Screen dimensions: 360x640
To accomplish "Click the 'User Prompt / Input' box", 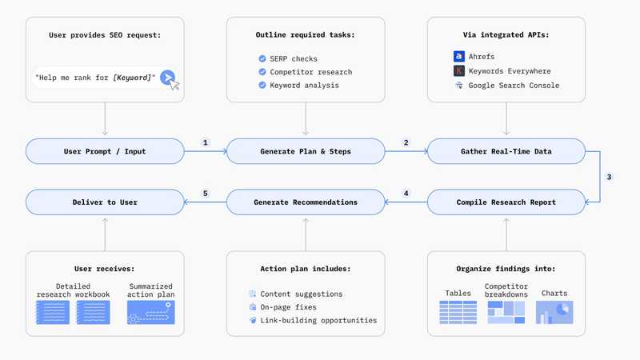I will (x=106, y=151).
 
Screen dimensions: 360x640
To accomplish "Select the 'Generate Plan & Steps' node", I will (x=306, y=151).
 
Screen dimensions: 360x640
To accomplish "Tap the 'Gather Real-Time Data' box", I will (x=506, y=151).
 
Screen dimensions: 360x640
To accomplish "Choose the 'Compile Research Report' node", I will (x=506, y=202).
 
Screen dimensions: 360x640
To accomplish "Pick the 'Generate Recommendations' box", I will (x=306, y=202).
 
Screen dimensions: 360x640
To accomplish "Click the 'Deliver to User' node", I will (x=106, y=202).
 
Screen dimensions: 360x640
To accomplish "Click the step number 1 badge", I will (x=206, y=143).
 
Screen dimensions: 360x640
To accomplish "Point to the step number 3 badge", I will (x=609, y=177).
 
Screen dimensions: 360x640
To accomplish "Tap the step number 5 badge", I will (x=206, y=194).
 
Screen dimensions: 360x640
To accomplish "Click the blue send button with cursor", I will (x=167, y=77).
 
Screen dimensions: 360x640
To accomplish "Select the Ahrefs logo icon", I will (x=458, y=57).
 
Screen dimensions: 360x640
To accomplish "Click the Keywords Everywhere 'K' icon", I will (x=458, y=71).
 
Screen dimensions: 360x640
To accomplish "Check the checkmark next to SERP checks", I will (x=262, y=59).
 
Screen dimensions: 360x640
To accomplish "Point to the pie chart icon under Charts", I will (x=554, y=312).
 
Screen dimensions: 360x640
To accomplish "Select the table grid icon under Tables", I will (x=458, y=312).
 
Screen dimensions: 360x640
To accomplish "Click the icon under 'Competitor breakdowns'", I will (x=506, y=312).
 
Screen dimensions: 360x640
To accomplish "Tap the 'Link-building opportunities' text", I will (x=318, y=320).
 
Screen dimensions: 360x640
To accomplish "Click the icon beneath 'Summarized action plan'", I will (x=150, y=312).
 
